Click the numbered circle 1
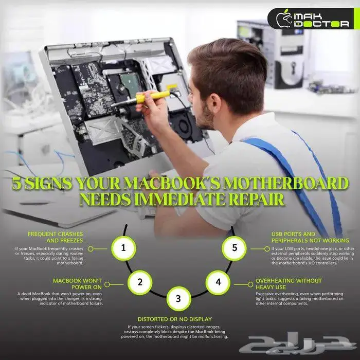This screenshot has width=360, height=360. pyautogui.click(x=123, y=248)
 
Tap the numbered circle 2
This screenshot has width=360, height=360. pyautogui.click(x=140, y=282)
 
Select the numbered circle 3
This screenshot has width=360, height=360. pyautogui.click(x=178, y=299)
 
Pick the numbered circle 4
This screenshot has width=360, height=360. pyautogui.click(x=218, y=282)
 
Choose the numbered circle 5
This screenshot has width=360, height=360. pyautogui.click(x=234, y=248)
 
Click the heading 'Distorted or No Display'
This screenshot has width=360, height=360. pyautogui.click(x=174, y=319)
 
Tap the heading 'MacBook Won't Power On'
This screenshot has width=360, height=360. pyautogui.click(x=77, y=284)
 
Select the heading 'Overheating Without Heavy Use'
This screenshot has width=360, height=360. pyautogui.click(x=289, y=284)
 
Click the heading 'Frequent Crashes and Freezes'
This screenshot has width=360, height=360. pyautogui.click(x=56, y=237)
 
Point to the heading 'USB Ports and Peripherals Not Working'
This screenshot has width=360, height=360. pyautogui.click(x=310, y=237)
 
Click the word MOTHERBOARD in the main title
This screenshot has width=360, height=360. pyautogui.click(x=286, y=183)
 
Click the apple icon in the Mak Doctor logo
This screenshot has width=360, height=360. pyautogui.click(x=284, y=19)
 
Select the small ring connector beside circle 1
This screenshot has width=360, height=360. pyautogui.click(x=91, y=249)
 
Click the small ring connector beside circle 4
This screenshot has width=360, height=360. pyautogui.click(x=250, y=285)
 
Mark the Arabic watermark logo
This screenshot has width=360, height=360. pyautogui.click(x=298, y=343)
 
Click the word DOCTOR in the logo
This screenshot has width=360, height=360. pyautogui.click(x=321, y=24)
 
